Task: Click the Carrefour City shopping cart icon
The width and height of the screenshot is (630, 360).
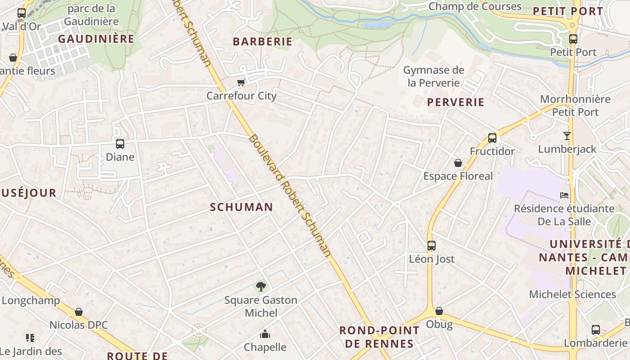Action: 241,82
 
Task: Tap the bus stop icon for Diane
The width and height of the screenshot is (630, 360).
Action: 120,144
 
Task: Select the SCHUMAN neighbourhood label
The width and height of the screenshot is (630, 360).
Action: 242,207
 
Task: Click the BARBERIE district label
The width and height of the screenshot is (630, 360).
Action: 262,42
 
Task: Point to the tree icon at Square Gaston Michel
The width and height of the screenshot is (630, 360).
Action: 261,287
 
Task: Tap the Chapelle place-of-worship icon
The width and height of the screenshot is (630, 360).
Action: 265,334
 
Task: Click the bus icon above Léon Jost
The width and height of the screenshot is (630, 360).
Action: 432,246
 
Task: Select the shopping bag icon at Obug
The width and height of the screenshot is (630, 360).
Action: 439,311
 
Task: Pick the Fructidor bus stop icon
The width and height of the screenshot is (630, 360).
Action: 492,138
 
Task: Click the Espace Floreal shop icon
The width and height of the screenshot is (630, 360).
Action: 458,163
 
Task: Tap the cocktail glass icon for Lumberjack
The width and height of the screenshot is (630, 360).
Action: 567,135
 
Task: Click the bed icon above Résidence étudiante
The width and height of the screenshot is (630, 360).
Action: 564,195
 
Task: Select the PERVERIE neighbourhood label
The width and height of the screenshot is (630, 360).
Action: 456,103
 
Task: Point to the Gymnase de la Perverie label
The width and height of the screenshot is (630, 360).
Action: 434,76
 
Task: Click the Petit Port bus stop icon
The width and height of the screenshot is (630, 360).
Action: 573,39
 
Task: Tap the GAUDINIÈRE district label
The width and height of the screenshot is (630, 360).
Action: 96,39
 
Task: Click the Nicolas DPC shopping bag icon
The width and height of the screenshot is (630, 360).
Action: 79,312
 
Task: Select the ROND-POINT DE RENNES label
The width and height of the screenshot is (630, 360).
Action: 379,337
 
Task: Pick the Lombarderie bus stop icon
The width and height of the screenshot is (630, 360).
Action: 596,330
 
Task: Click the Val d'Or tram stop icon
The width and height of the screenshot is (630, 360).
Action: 22,13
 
